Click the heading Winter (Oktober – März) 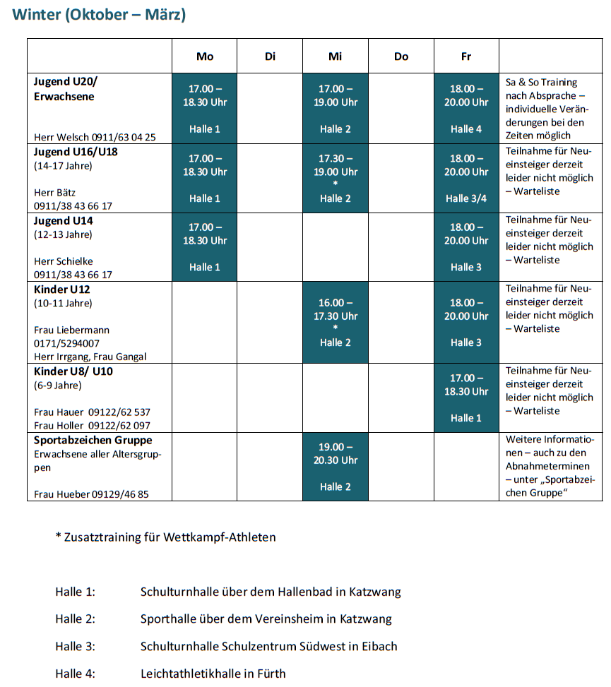click(x=100, y=15)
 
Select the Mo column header click(x=205, y=56)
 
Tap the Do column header click(x=401, y=56)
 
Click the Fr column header click(x=466, y=56)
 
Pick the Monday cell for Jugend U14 click(x=205, y=247)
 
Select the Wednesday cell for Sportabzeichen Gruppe click(x=336, y=467)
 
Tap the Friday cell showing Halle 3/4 click(x=466, y=178)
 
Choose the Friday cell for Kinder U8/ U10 click(x=466, y=398)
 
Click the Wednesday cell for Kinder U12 click(x=336, y=322)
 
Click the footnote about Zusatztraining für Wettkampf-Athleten click(x=165, y=537)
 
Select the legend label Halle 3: click(x=75, y=646)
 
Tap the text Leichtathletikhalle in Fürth click(x=213, y=673)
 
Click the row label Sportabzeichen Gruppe click(x=93, y=441)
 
